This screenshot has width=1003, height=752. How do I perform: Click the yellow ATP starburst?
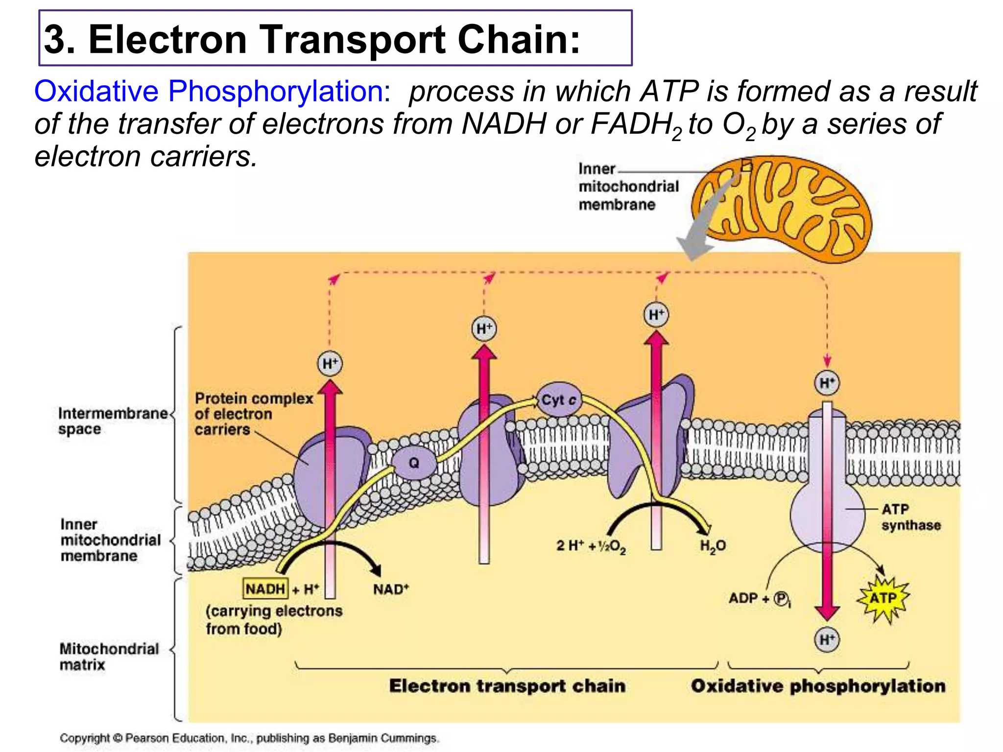883,598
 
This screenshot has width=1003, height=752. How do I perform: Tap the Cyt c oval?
559,400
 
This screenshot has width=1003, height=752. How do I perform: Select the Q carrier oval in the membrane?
414,463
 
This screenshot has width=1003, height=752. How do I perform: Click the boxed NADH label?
265,588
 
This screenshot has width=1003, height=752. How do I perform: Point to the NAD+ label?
391,589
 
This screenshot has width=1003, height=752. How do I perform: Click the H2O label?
713,546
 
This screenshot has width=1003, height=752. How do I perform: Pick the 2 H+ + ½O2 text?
591,546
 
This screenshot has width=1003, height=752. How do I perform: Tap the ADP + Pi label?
759,598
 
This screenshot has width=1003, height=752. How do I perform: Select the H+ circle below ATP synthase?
827,639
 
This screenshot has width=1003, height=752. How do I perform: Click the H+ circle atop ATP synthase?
827,383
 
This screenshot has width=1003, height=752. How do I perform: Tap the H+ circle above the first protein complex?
330,364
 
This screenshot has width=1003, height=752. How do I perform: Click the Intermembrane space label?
113,421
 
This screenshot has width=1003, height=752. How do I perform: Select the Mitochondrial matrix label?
109,657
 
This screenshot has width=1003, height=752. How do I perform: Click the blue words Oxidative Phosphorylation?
212,91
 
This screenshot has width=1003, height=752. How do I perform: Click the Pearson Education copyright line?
249,738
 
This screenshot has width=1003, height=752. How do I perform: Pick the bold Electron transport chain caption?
507,686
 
